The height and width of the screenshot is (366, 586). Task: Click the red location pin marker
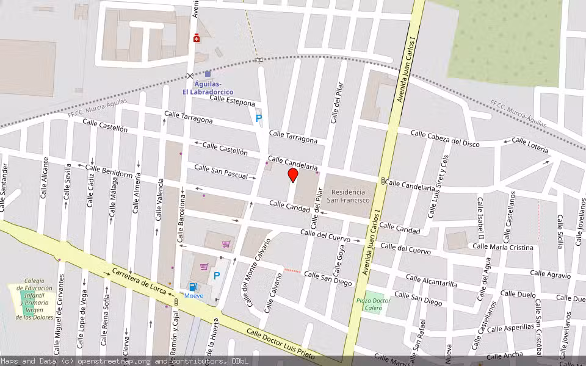tap(292, 175)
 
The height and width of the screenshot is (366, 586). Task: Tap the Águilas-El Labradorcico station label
tap(208, 88)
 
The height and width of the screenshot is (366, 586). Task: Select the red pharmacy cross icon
tap(196, 39)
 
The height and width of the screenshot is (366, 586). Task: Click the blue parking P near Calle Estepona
tap(258, 118)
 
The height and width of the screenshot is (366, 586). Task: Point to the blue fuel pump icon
tap(193, 287)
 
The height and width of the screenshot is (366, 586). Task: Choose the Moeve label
tap(194, 296)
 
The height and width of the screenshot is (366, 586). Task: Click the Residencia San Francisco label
tap(348, 196)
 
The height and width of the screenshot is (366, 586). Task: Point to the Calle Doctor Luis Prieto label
tap(280, 345)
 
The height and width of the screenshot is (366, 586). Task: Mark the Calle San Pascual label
tap(221, 171)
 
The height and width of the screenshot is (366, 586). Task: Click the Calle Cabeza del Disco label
tap(444, 138)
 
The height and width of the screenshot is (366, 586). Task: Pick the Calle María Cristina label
tap(503, 247)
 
